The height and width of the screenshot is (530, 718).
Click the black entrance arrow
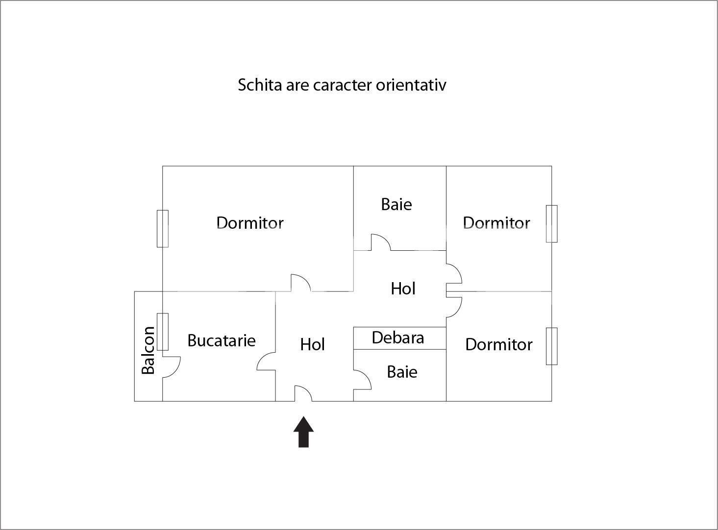(303, 432)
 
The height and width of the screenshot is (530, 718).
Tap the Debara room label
(398, 338)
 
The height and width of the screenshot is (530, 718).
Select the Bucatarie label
(222, 340)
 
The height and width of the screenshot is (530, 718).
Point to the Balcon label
(148, 350)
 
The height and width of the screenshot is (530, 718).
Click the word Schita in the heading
(260, 85)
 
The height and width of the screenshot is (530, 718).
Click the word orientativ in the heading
(411, 85)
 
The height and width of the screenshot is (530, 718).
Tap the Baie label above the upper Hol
(396, 204)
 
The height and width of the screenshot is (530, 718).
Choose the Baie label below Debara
(402, 372)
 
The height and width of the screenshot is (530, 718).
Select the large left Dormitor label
(250, 223)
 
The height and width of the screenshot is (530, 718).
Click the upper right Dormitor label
(496, 223)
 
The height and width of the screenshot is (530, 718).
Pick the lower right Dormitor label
(499, 344)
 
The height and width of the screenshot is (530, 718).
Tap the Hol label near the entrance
(312, 344)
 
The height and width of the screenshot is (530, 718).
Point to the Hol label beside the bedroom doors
(403, 289)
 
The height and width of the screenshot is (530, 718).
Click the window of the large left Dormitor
(163, 229)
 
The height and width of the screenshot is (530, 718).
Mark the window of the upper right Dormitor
(552, 223)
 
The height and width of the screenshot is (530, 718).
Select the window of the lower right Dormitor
(552, 346)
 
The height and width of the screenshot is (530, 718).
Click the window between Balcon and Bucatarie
(163, 332)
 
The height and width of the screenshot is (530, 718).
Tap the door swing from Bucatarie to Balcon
(171, 367)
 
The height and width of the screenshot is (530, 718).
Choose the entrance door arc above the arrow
(303, 393)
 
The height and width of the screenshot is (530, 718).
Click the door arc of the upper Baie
(381, 242)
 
